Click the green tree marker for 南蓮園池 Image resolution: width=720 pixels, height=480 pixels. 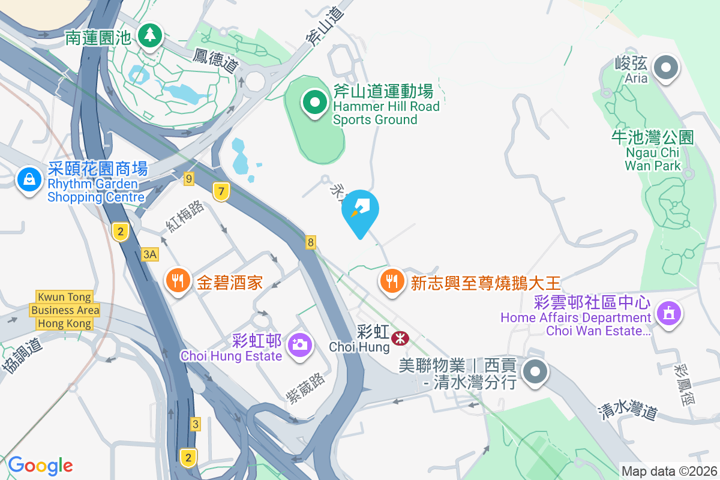149,35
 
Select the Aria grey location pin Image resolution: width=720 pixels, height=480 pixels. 665,67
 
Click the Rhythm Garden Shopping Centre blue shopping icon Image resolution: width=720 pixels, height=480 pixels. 29,179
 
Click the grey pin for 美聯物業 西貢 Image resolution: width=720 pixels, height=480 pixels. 534,373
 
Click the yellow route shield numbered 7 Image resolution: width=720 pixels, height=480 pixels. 221,192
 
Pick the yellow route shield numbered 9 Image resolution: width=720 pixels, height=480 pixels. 189,178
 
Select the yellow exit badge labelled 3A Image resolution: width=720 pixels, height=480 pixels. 149,254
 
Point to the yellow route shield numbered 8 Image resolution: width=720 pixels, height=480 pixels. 310,242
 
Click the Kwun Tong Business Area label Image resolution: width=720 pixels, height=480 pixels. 65,310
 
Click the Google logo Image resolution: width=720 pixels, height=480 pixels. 40,466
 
